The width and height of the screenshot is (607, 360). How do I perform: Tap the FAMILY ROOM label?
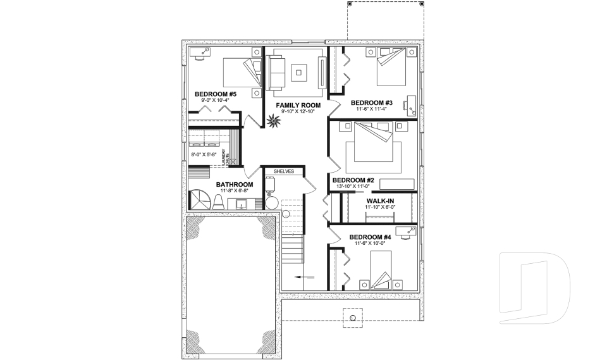point(298,105)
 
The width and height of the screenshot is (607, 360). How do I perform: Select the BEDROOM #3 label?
point(372,102)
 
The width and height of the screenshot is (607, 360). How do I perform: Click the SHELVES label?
point(284,171)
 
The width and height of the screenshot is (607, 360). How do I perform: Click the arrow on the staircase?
point(304,276)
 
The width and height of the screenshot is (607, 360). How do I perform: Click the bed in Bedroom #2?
point(372,144)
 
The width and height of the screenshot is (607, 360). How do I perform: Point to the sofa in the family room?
point(275,71)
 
